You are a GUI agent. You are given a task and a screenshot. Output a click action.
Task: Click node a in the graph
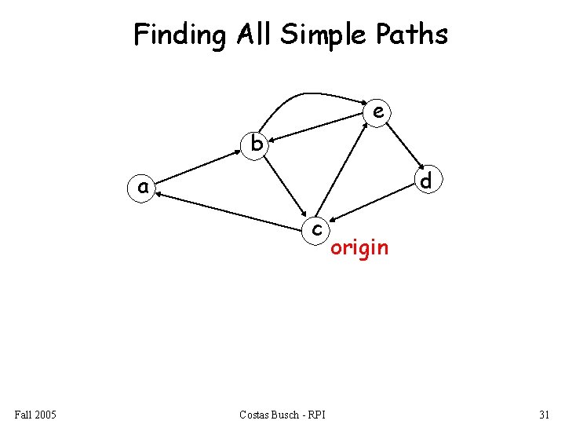pyautogui.click(x=143, y=188)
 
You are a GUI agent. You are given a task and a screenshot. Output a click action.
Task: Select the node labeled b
pyautogui.click(x=255, y=144)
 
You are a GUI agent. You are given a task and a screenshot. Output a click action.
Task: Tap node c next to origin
pyautogui.click(x=316, y=228)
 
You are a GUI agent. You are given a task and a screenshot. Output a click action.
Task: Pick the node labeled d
pyautogui.click(x=425, y=181)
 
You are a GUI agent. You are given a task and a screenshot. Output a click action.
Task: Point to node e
pyautogui.click(x=378, y=112)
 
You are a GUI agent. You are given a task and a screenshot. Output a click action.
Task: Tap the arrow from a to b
pyautogui.click(x=200, y=166)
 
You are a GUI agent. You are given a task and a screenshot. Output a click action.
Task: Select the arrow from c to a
pyautogui.click(x=231, y=210)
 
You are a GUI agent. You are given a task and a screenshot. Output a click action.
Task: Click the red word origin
pyautogui.click(x=359, y=248)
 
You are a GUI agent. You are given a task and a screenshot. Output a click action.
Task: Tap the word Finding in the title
pyautogui.click(x=178, y=35)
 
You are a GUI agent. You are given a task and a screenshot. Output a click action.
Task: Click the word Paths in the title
pyautogui.click(x=415, y=35)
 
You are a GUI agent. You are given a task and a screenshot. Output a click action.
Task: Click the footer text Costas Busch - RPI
pyautogui.click(x=283, y=414)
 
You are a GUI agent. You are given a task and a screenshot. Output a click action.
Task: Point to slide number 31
pyautogui.click(x=544, y=414)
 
